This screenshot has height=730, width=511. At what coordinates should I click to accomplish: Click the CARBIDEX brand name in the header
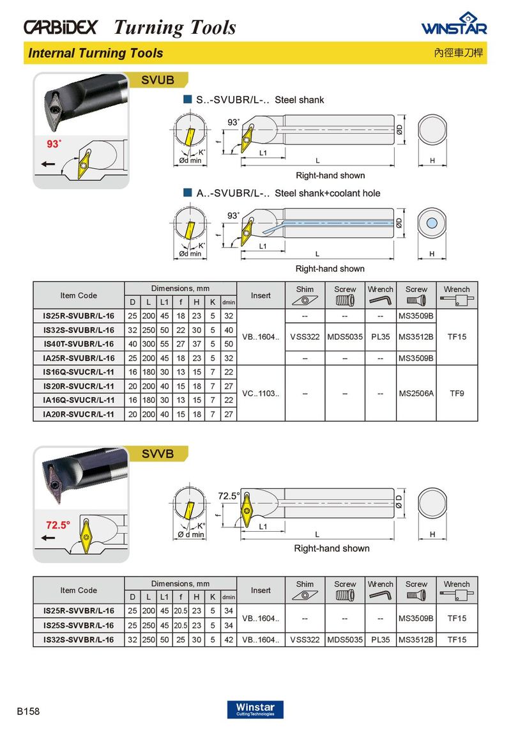(60, 27)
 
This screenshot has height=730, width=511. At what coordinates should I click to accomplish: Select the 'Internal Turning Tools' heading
(95, 53)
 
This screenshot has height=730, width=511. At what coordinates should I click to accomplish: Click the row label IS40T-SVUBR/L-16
(79, 344)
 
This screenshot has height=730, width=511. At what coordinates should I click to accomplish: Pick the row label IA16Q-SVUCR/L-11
(79, 400)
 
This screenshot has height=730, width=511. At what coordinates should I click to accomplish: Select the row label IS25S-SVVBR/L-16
(79, 625)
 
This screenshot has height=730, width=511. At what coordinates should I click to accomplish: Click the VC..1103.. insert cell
(261, 393)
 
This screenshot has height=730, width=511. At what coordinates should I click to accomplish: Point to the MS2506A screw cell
(416, 393)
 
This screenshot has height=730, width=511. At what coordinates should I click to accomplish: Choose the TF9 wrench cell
(457, 393)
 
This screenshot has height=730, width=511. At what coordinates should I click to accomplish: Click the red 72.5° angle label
(57, 525)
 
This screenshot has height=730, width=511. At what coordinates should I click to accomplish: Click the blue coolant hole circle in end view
(432, 222)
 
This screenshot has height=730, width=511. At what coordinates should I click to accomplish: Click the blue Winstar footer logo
(255, 709)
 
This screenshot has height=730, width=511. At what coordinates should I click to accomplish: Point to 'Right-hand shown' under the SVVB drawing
(332, 548)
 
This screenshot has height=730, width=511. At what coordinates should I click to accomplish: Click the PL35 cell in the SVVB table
(380, 639)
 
